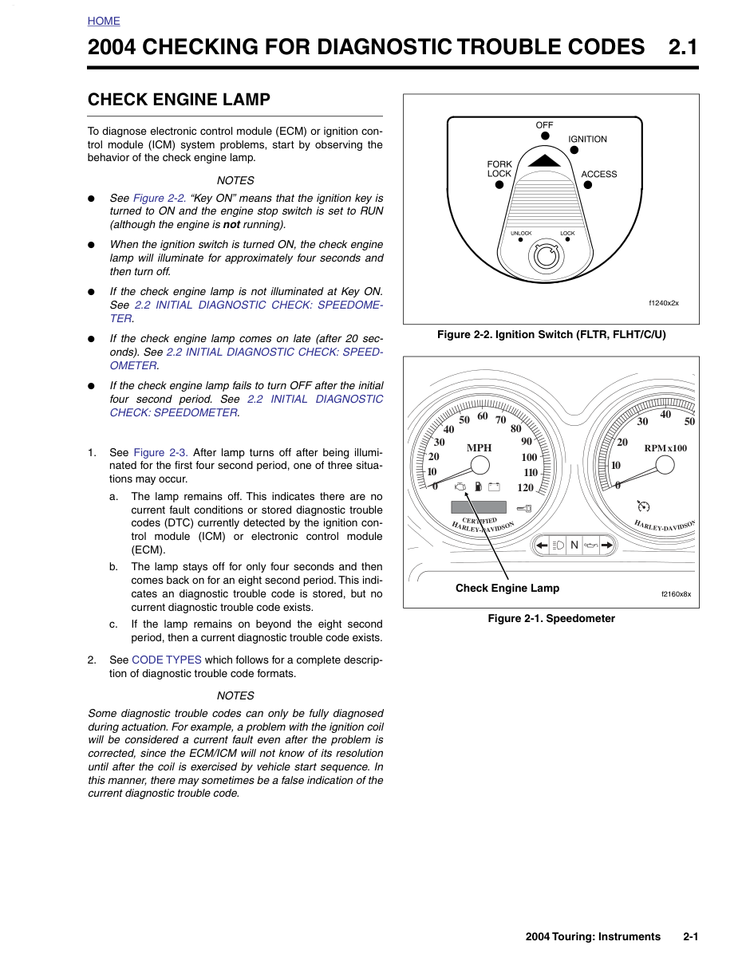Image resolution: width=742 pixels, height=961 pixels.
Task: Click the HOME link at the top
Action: pos(104,21)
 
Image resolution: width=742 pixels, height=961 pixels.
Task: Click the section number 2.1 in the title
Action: pos(683,47)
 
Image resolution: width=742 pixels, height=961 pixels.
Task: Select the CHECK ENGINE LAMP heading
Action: pos(179,100)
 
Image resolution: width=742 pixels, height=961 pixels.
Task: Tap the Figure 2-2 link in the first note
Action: pos(160,198)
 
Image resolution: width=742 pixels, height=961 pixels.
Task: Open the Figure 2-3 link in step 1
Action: pos(160,452)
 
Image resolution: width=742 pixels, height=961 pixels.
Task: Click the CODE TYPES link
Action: pos(167,660)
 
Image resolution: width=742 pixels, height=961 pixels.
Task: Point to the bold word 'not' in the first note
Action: pos(231,225)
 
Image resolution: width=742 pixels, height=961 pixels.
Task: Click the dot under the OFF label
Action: pos(545,136)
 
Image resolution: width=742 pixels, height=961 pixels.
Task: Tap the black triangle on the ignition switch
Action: pos(545,160)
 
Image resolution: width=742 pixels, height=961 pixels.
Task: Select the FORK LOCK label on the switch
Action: pos(499,169)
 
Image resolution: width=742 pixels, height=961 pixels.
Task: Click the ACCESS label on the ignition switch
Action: pos(598,174)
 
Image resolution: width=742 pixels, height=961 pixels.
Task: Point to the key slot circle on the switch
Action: pos(546,256)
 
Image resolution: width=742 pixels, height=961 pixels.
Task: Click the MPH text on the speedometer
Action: pos(479,448)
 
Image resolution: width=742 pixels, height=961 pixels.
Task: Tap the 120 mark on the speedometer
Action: pos(526,487)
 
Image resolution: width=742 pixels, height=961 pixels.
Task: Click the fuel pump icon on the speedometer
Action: pos(478,486)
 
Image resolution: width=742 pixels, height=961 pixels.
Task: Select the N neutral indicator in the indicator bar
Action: pos(574,545)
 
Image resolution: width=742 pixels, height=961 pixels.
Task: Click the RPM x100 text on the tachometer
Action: pos(665,448)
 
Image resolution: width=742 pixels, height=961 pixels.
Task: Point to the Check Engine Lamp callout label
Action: pos(507,588)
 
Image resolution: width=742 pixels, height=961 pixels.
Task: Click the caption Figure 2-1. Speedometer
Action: pos(551,618)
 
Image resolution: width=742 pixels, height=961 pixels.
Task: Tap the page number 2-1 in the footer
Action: pos(691,937)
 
